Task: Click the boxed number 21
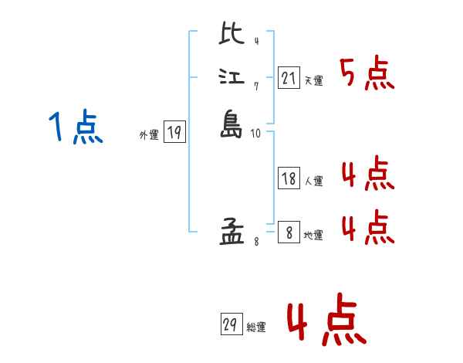pyautogui.click(x=289, y=78)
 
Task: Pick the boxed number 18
pyautogui.click(x=289, y=178)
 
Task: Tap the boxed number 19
pyautogui.click(x=174, y=133)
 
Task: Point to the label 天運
pyautogui.click(x=313, y=80)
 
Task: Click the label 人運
pyautogui.click(x=313, y=181)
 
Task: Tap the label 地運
pyautogui.click(x=313, y=234)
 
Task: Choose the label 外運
pyautogui.click(x=149, y=135)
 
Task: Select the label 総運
pyautogui.click(x=255, y=328)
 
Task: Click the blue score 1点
pyautogui.click(x=74, y=127)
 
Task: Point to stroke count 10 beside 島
pyautogui.click(x=255, y=134)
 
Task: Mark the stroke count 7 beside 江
pyautogui.click(x=255, y=87)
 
